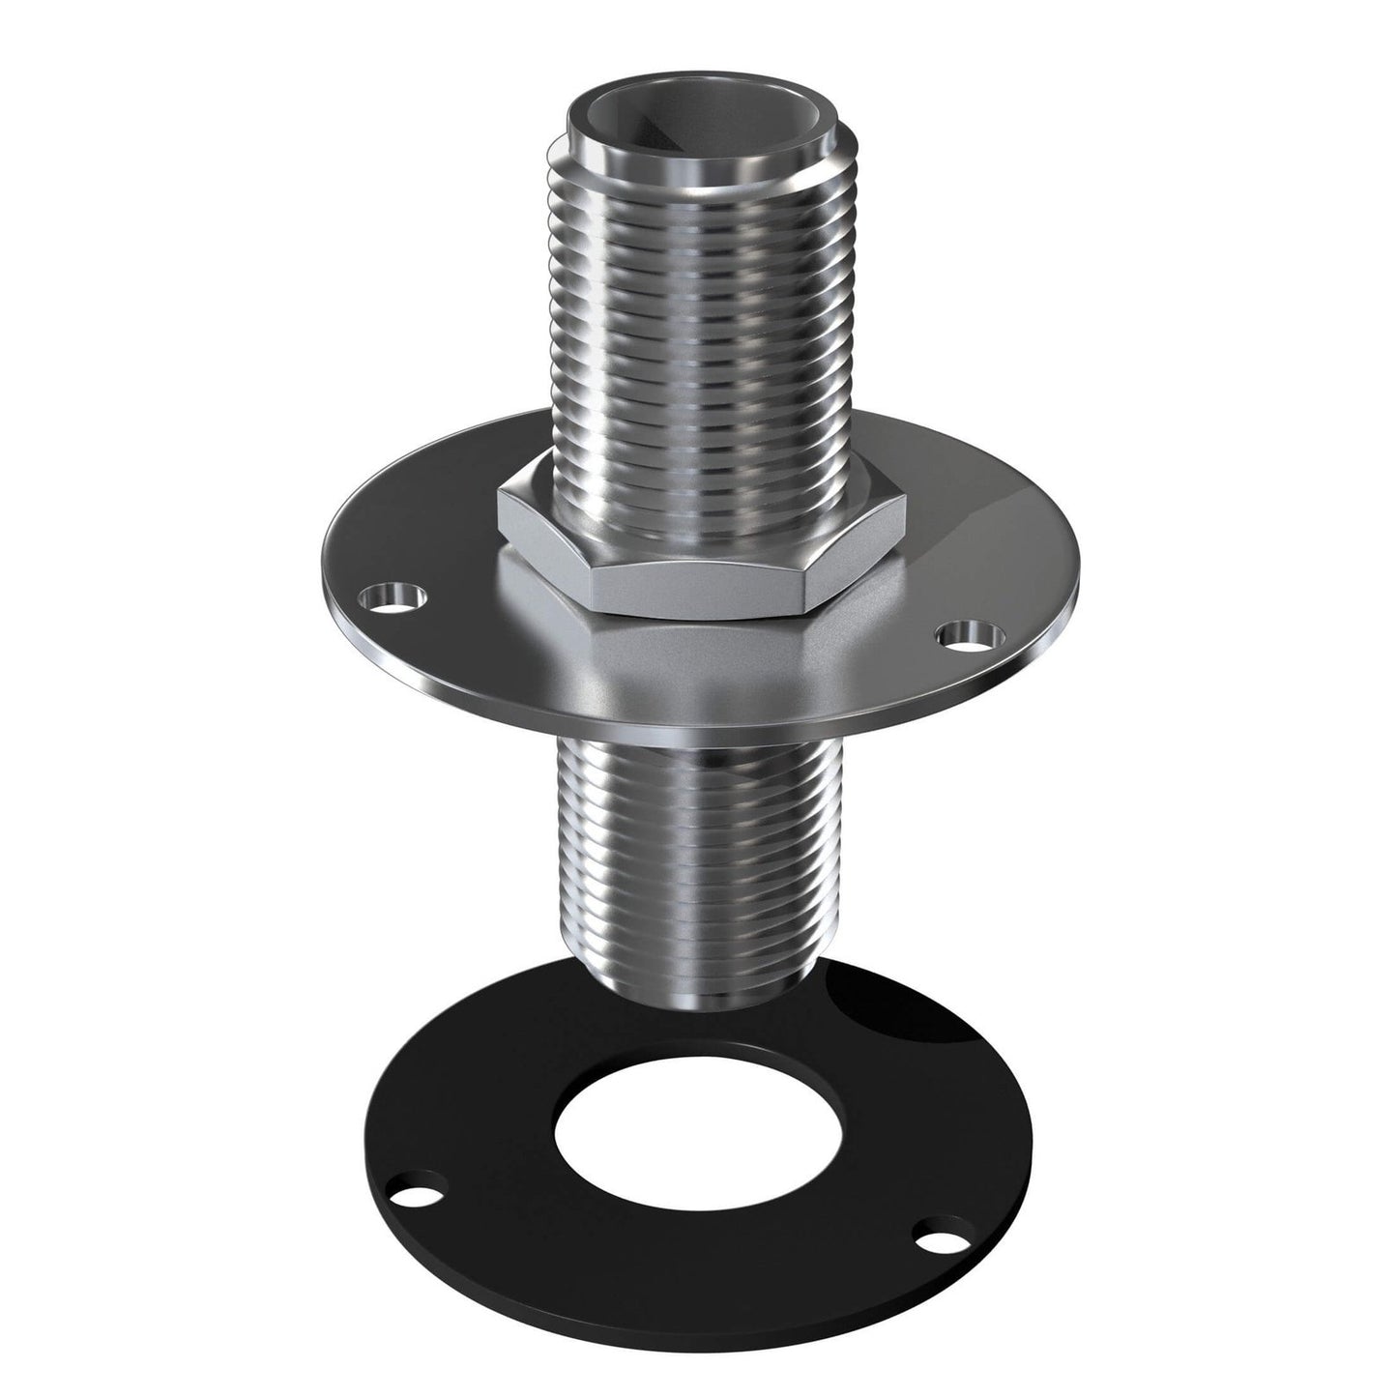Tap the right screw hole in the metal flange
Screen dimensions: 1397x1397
[x=963, y=635]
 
